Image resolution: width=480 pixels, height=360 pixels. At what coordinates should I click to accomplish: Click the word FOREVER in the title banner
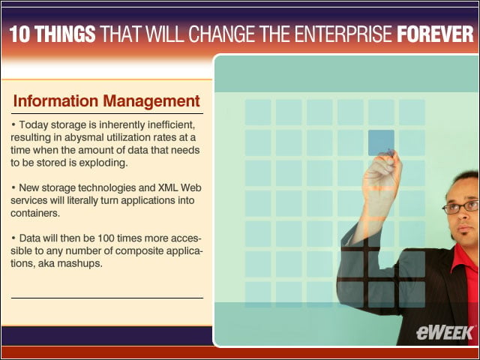435,34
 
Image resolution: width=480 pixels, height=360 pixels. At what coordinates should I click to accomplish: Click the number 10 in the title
20,34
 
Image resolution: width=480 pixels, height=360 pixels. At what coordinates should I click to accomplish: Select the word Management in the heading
151,101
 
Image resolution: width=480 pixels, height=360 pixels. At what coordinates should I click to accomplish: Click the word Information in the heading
55,101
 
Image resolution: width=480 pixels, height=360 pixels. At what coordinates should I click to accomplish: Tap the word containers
35,213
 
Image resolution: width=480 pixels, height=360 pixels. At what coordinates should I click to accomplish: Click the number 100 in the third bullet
106,238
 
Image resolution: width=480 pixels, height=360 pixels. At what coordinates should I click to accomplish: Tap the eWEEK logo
445,333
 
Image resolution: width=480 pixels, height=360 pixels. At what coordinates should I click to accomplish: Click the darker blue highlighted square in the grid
381,142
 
